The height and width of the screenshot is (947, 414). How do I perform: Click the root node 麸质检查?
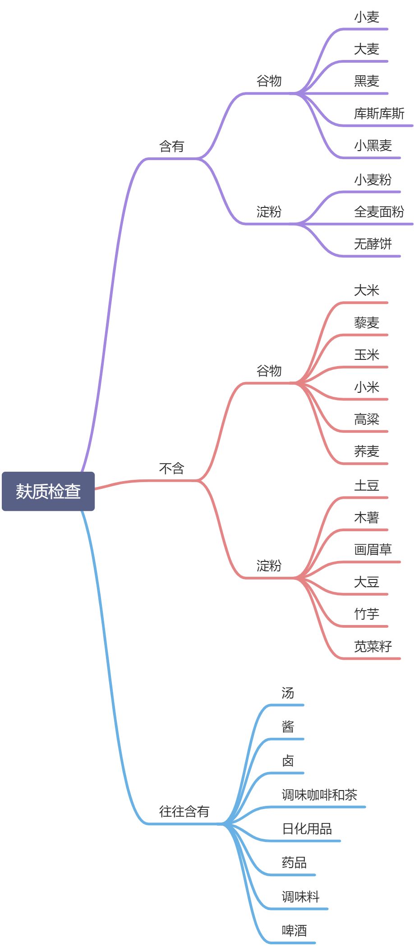(x=48, y=491)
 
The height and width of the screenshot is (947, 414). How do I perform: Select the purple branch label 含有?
(x=171, y=147)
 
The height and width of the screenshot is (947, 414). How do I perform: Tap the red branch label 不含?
(x=171, y=469)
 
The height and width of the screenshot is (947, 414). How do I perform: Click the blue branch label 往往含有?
(x=184, y=812)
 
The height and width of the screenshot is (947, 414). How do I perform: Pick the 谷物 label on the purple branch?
(x=269, y=81)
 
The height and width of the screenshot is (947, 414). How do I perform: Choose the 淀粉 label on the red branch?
(x=269, y=565)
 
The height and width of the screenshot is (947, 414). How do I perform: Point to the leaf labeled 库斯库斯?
(x=379, y=114)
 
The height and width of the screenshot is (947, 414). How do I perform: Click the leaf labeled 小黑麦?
(x=373, y=146)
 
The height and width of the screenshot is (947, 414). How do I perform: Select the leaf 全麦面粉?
(x=379, y=211)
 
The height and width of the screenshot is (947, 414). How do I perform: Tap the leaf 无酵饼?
(x=373, y=244)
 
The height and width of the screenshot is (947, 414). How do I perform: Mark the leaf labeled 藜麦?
(x=366, y=323)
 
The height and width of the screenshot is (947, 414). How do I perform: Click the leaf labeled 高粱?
(x=366, y=419)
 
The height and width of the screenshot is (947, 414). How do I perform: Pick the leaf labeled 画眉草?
(x=373, y=550)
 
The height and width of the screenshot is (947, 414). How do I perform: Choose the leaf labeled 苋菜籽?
(x=373, y=646)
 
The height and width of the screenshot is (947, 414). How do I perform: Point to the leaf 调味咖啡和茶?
(x=319, y=795)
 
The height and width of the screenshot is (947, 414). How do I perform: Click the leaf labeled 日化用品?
(x=307, y=829)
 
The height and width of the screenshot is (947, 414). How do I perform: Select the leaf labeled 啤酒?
(x=294, y=931)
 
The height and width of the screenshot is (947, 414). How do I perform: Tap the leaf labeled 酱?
(x=288, y=727)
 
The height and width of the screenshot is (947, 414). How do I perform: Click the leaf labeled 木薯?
(x=366, y=517)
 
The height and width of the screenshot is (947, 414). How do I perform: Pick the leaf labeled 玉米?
(x=366, y=355)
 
